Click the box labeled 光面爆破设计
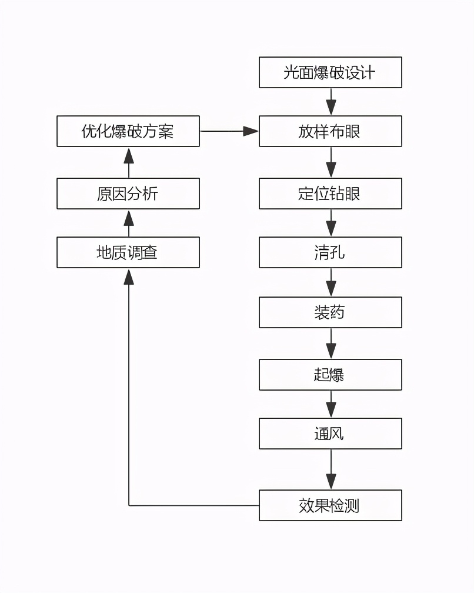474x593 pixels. point(330,72)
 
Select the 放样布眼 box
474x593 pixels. point(330,131)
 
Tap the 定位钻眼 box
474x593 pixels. point(330,194)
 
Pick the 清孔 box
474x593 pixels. point(330,252)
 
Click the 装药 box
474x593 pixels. point(330,312)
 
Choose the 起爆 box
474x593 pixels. point(330,375)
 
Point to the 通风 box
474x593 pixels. point(330,434)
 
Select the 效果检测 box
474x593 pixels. point(330,505)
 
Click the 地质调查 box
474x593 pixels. point(128,252)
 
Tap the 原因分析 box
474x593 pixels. point(128,194)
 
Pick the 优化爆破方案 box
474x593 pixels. point(128,131)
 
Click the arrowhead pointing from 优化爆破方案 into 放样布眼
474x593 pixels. point(251,131)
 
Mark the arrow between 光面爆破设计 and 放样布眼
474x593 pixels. point(331,102)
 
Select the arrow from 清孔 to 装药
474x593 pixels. point(331,282)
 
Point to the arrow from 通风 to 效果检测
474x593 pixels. point(331,469)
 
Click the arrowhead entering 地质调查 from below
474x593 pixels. point(129,276)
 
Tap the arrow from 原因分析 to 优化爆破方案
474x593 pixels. point(129,162)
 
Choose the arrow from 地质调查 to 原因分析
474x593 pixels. point(129,223)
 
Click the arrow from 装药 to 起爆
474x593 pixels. point(331,344)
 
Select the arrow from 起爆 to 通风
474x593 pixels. point(331,404)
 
